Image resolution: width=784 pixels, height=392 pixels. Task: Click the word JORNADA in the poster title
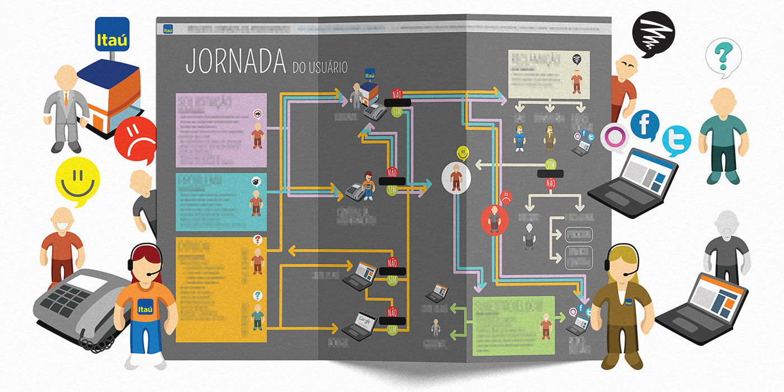236,62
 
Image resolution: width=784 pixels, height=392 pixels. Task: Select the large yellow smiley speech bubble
78,181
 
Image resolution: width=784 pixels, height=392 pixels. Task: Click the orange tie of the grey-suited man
66,101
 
